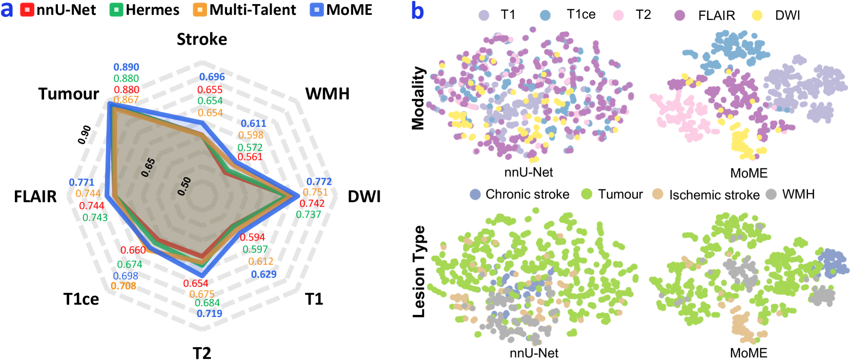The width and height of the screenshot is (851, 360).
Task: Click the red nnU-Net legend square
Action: pyautogui.click(x=27, y=10)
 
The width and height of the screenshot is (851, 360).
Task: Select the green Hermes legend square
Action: pyautogui.click(x=116, y=10)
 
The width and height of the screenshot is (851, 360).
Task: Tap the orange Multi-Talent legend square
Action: pyautogui.click(x=200, y=10)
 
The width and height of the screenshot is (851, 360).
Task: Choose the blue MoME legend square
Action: pyautogui.click(x=317, y=10)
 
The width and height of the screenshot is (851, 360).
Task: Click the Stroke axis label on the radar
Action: pyautogui.click(x=202, y=39)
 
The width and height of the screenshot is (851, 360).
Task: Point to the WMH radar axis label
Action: pyautogui.click(x=327, y=94)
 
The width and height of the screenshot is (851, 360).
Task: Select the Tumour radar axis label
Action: pyautogui.click(x=69, y=94)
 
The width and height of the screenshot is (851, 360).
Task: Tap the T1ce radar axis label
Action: pyautogui.click(x=81, y=299)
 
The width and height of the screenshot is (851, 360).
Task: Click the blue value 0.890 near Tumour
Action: pyautogui.click(x=126, y=67)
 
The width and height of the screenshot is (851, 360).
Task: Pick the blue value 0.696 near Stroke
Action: pyautogui.click(x=212, y=77)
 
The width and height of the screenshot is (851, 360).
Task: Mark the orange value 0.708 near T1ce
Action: pyautogui.click(x=123, y=286)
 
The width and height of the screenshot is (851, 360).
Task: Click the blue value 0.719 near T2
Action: pyautogui.click(x=210, y=313)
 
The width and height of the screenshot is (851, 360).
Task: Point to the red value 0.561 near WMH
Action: pyautogui.click(x=250, y=157)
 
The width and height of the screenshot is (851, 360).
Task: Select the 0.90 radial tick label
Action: pyautogui.click(x=85, y=134)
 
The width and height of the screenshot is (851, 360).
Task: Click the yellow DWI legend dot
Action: pyautogui.click(x=757, y=15)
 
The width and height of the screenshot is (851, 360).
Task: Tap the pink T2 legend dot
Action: pyautogui.click(x=618, y=15)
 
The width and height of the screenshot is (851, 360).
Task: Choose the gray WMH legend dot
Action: pyautogui.click(x=771, y=195)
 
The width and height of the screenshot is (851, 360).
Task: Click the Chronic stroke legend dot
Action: pyautogui.click(x=475, y=195)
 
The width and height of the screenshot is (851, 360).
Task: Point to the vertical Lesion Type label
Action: pyautogui.click(x=419, y=271)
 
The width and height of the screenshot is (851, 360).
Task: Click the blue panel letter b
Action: pyautogui.click(x=418, y=11)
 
